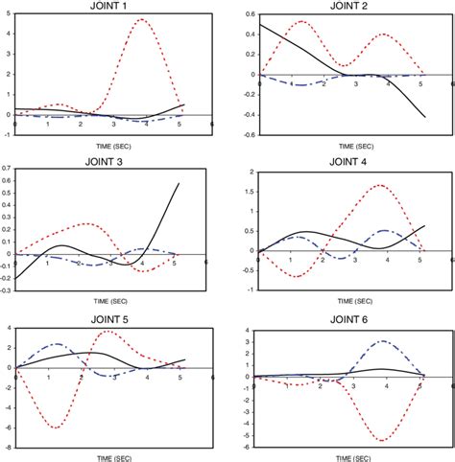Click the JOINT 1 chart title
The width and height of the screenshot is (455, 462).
111,6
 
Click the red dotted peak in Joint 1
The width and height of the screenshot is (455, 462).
141,19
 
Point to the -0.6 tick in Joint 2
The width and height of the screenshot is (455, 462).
246,134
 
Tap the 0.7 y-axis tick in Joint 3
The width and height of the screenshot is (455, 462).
8,169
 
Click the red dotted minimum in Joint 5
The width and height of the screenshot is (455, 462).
56,427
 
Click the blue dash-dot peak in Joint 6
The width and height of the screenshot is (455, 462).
384,341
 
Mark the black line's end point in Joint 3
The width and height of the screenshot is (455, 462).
180,183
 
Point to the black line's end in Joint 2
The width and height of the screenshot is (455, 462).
423,117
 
